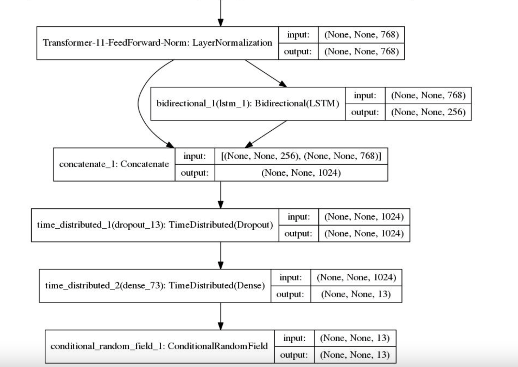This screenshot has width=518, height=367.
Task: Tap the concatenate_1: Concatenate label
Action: [114, 164]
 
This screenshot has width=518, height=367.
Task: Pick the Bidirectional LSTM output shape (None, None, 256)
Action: [428, 112]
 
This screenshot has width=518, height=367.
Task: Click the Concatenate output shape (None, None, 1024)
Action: [301, 173]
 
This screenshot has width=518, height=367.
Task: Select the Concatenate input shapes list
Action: [301, 156]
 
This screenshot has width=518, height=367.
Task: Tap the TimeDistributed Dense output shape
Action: [356, 294]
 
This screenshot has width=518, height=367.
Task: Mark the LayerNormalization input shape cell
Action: [361, 35]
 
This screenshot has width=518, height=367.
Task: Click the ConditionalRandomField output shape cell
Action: [355, 355]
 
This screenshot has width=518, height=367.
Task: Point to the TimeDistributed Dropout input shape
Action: [364, 217]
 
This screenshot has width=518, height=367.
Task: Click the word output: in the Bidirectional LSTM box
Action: [365, 112]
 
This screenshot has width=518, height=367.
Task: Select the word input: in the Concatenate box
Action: [195, 156]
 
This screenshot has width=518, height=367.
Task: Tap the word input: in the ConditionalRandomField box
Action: [294, 338]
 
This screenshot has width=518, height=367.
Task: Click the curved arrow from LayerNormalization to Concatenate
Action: [138, 103]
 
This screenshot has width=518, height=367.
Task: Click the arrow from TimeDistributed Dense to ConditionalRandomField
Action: [221, 316]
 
